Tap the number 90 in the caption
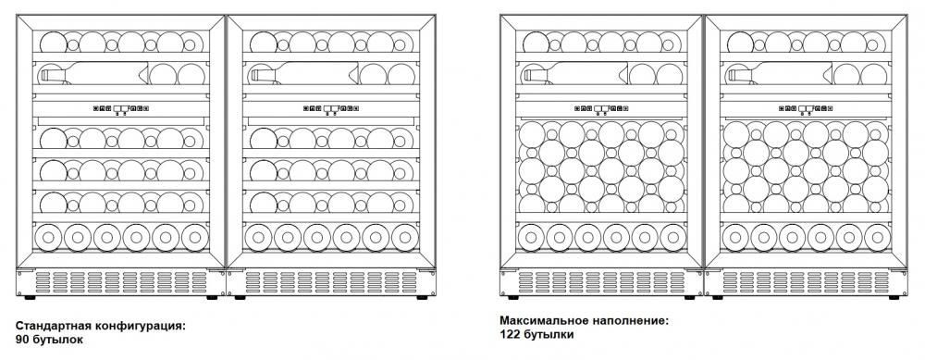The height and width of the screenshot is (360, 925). [x=22, y=340]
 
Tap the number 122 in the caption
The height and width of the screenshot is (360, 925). [x=509, y=335]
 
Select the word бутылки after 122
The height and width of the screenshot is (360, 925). [x=547, y=335]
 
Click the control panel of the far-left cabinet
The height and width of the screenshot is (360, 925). [x=121, y=108]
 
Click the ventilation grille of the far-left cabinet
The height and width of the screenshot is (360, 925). [x=121, y=282]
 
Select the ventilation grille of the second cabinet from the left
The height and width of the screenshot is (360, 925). [x=331, y=282]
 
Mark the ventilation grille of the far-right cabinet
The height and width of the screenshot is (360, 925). [x=807, y=282]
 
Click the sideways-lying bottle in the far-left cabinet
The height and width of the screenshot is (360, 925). [x=93, y=74]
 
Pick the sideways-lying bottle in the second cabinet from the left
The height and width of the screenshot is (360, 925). [x=304, y=74]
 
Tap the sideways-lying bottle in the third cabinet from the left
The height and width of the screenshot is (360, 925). [x=575, y=74]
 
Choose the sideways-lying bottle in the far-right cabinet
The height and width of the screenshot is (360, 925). [x=780, y=74]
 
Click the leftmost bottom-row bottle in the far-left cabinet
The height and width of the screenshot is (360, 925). [x=48, y=237]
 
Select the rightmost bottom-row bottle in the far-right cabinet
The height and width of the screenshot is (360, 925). [x=877, y=237]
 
